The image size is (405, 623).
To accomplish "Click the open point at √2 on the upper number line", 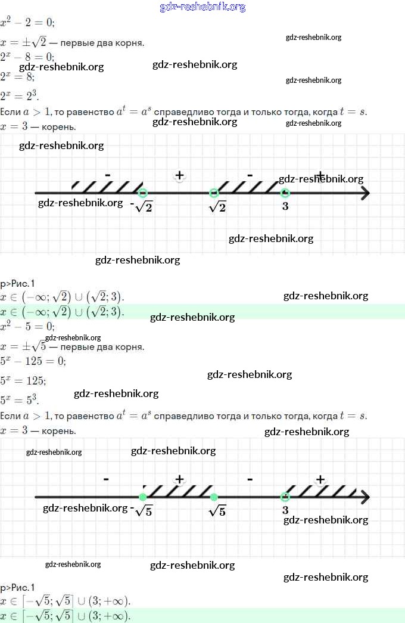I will (x=214, y=193).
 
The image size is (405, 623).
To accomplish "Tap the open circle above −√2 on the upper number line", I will (x=142, y=193).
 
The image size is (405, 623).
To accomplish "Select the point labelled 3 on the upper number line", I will (x=285, y=193).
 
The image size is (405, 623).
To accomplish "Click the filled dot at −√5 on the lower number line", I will (x=142, y=497).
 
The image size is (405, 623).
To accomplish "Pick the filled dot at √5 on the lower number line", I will (x=214, y=497).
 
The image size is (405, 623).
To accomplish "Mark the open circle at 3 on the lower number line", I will (x=285, y=497).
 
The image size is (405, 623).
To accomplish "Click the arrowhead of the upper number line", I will (x=366, y=193).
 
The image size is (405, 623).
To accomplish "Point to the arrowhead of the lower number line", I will (x=366, y=497).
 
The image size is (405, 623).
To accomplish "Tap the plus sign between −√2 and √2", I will (x=179, y=175).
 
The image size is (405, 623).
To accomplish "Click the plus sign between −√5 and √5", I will (x=179, y=479).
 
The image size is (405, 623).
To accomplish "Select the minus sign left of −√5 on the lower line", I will (x=106, y=479).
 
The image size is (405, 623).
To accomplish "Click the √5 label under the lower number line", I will (x=218, y=511).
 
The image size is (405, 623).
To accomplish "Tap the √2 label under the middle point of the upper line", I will (x=218, y=207).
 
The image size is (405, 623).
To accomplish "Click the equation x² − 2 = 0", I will (x=28, y=22).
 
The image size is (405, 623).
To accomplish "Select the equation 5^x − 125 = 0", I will (x=33, y=361).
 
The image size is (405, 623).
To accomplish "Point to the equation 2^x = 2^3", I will (x=20, y=96).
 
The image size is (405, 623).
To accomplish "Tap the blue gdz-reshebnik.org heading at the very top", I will (x=202, y=7).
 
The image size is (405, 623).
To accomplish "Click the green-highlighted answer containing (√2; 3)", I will (x=63, y=312).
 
